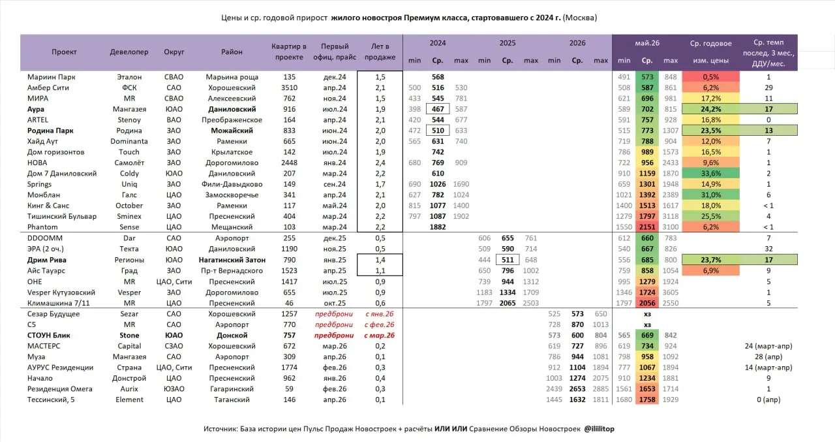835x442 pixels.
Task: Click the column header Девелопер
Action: coord(129,52)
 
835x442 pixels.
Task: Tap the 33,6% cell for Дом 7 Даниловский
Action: coord(710,174)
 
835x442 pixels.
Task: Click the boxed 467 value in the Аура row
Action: coord(438,109)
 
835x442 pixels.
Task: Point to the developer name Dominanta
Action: coord(129,142)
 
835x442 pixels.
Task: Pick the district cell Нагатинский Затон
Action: coord(232,260)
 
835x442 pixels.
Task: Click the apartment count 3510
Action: coord(289,87)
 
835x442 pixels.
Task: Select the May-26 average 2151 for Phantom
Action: coord(647,227)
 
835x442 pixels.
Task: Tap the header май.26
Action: coord(647,43)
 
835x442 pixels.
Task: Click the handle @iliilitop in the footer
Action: coord(599,429)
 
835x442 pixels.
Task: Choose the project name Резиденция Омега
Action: coord(59,388)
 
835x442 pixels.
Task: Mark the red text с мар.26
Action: coord(380,336)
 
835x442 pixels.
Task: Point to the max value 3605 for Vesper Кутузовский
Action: coord(670,292)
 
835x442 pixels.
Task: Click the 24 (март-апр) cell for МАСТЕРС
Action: coord(768,346)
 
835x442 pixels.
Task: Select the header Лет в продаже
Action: coord(380,52)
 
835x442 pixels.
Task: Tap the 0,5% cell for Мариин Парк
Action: coord(710,77)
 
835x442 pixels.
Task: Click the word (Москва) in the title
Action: coord(580,18)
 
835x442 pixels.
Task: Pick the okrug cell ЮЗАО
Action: coord(174,388)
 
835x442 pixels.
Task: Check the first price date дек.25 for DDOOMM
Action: coord(335,238)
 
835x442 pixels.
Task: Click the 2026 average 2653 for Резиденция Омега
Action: coord(577,388)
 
